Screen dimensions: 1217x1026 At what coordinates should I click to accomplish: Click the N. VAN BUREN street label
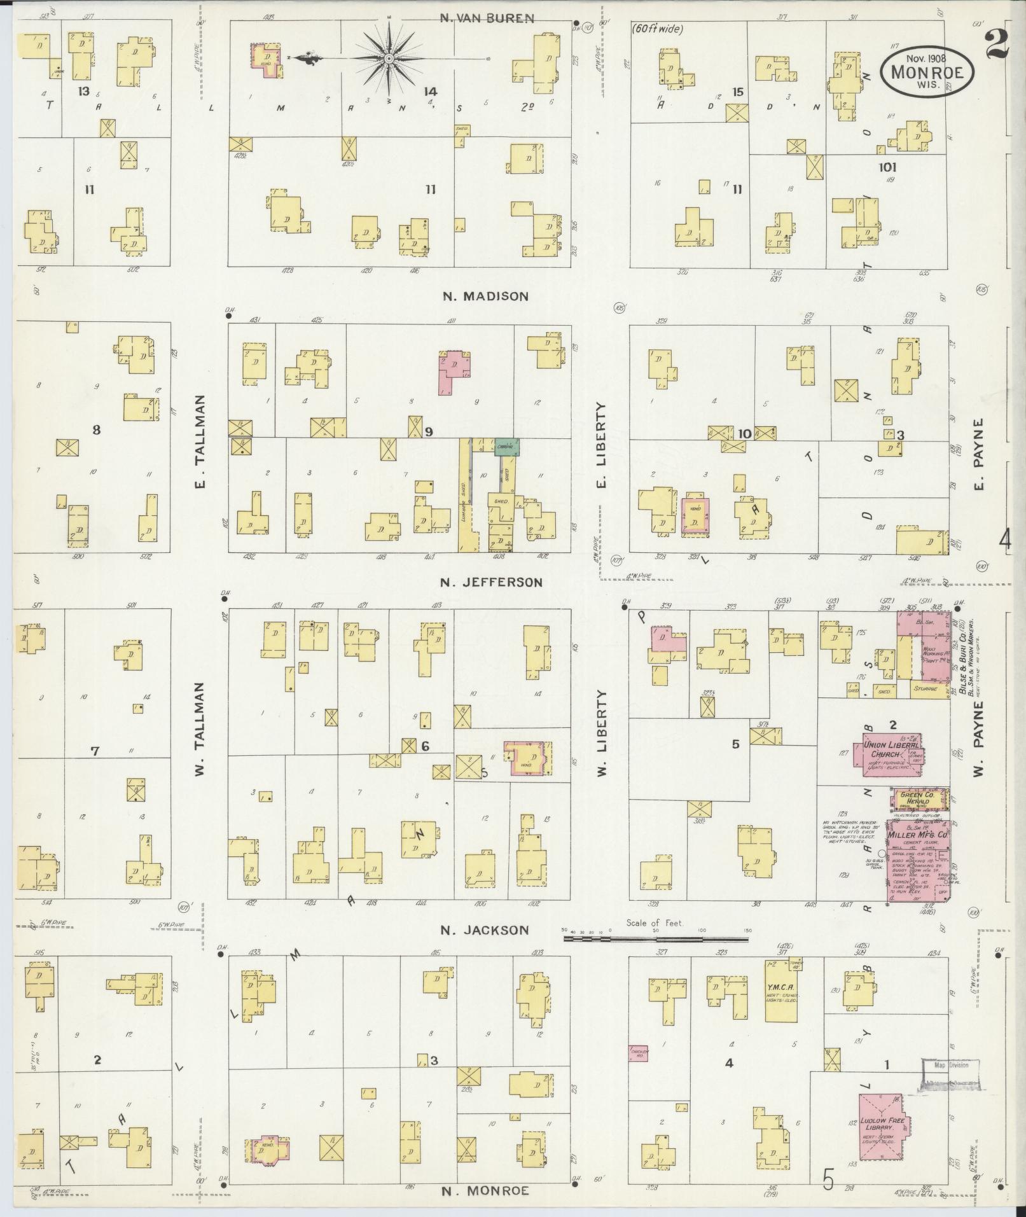(487, 18)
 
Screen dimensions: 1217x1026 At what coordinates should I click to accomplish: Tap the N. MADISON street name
(485, 296)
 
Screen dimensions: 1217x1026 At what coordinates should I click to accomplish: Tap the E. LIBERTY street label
(600, 445)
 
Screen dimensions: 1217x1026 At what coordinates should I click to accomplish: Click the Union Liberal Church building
(893, 754)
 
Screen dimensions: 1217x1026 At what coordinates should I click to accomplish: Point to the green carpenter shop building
(507, 447)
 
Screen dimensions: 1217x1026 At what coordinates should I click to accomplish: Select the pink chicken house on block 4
(639, 1053)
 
